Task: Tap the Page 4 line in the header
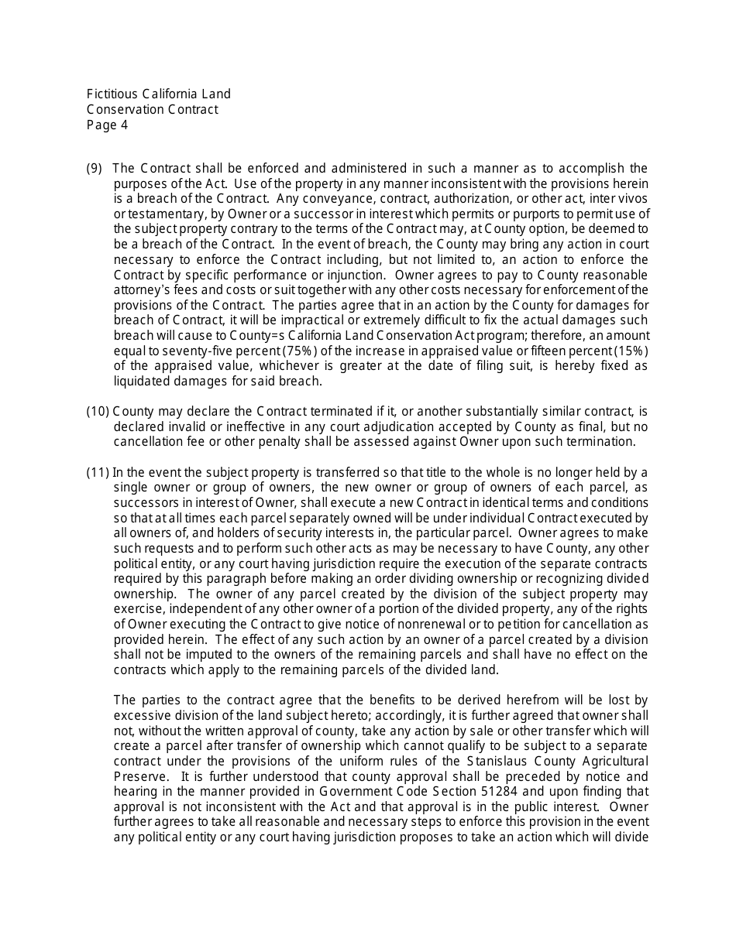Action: [107, 125]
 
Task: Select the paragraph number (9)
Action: [94, 169]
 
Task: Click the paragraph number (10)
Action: [98, 411]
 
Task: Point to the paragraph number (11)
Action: [98, 472]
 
